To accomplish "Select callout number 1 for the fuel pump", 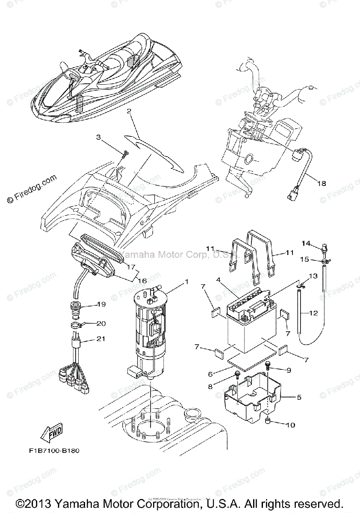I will [x=186, y=282].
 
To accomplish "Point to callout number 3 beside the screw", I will [x=98, y=137].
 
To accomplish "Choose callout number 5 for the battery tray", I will [x=299, y=397].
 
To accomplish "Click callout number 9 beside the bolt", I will [x=288, y=369].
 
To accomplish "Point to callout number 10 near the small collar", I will [x=290, y=425].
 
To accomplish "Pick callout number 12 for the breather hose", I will [x=313, y=313].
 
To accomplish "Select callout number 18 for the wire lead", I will [x=321, y=183].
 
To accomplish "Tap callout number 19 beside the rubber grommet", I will [x=101, y=305].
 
